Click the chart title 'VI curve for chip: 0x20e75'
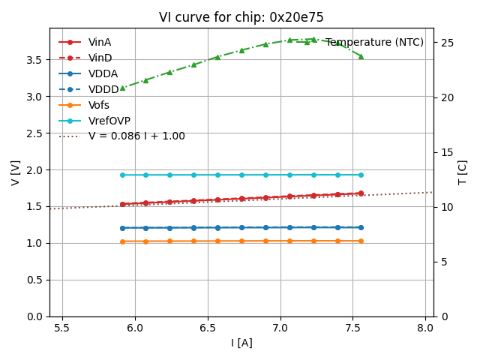click(241, 17)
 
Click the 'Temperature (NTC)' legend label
click(374, 42)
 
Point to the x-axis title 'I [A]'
click(241, 343)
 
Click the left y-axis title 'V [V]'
click(16, 172)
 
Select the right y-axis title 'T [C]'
click(462, 172)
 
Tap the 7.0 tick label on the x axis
click(280, 328)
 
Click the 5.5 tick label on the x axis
click(62, 328)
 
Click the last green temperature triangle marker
click(361, 56)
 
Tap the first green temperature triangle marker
click(122, 88)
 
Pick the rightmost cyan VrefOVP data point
click(361, 175)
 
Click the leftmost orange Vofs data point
click(122, 241)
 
